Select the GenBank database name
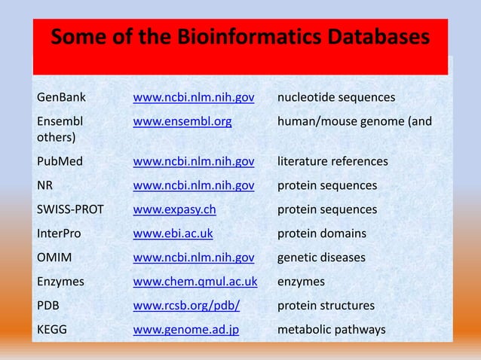coord(61,98)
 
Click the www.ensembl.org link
coord(182,120)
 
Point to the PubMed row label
coord(60,161)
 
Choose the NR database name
coord(44,185)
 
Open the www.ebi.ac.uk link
coord(173,233)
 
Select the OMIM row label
coord(54,258)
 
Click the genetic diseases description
coord(321,258)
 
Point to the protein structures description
coord(326,306)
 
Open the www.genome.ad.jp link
coord(185,330)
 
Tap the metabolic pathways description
coord(331,330)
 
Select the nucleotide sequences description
coord(336,98)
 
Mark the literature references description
coord(332,161)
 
